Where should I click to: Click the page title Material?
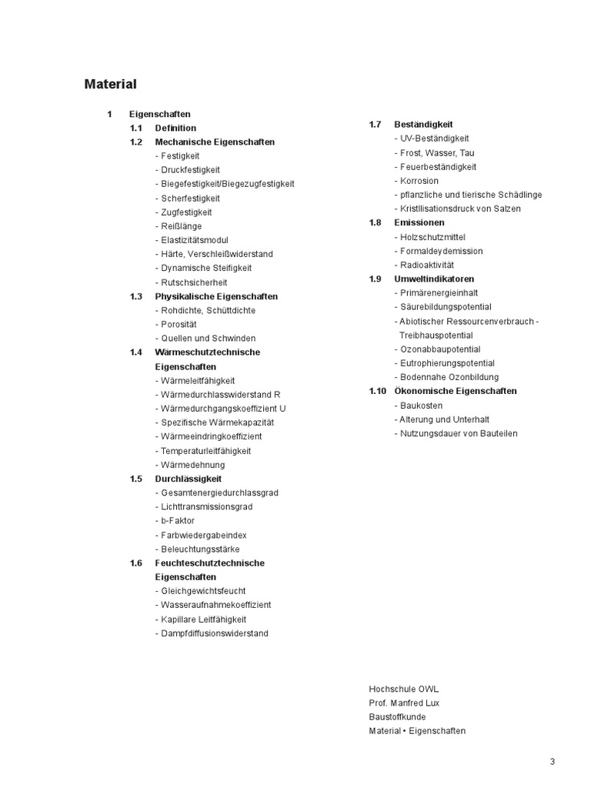[110, 85]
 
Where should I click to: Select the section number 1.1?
[136, 128]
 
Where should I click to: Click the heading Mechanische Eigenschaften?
[215, 142]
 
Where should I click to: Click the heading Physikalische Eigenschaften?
[216, 296]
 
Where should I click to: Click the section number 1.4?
[136, 352]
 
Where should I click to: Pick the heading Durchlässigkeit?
[188, 479]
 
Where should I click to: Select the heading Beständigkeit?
[423, 125]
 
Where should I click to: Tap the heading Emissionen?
[419, 222]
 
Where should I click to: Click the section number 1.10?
[377, 391]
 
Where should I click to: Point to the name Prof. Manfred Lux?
[404, 703]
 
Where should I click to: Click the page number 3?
[552, 762]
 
